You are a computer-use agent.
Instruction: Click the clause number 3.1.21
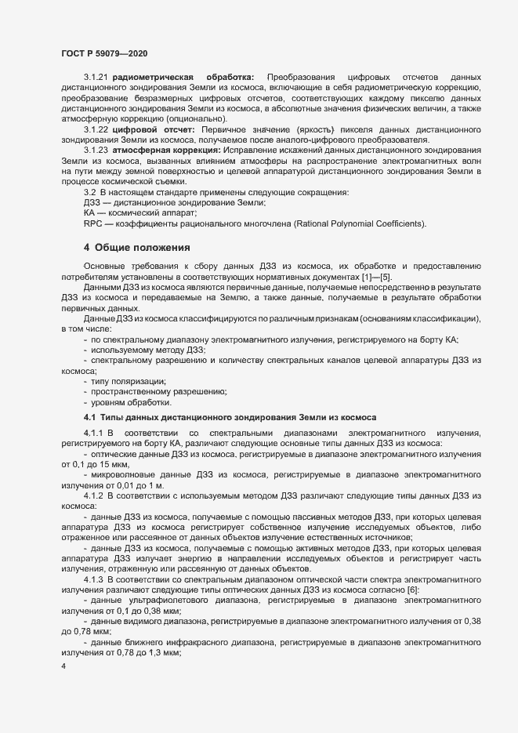coord(96,77)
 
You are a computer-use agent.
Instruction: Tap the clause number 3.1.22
coord(96,128)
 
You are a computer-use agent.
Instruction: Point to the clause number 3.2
coord(90,192)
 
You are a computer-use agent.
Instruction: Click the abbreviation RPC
coord(93,223)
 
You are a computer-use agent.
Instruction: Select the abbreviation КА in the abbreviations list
coord(89,213)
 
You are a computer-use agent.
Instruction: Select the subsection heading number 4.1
coord(89,416)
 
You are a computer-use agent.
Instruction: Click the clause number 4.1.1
coord(94,433)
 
